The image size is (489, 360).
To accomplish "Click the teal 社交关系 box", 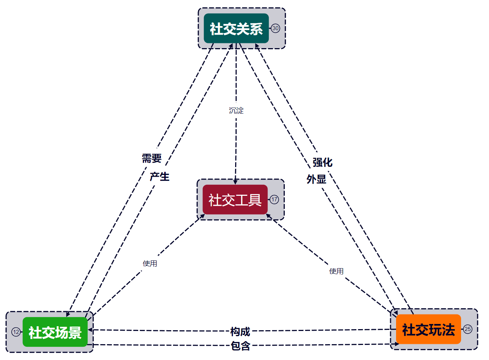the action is pyautogui.click(x=236, y=28).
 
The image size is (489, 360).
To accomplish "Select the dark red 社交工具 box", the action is pyautogui.click(x=235, y=199).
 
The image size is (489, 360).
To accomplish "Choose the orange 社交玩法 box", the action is pyautogui.click(x=428, y=329).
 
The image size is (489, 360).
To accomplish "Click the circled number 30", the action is pyautogui.click(x=275, y=28).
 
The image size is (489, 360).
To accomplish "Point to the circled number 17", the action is pyautogui.click(x=274, y=199).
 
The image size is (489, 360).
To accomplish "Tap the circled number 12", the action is pyautogui.click(x=16, y=332).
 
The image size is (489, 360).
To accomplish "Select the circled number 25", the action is pyautogui.click(x=468, y=329).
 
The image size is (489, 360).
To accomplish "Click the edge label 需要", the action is pyautogui.click(x=152, y=158).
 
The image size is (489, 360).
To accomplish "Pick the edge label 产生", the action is pyautogui.click(x=159, y=177).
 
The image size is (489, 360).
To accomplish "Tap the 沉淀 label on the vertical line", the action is pyautogui.click(x=236, y=111).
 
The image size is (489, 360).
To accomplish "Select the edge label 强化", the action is pyautogui.click(x=323, y=162).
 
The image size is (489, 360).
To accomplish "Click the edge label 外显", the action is pyautogui.click(x=316, y=179).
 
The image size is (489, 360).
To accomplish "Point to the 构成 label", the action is pyautogui.click(x=240, y=332).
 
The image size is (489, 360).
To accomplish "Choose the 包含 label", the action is pyautogui.click(x=240, y=346).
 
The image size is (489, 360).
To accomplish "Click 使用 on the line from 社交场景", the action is pyautogui.click(x=150, y=263).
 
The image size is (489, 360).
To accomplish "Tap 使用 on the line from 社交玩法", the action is pyautogui.click(x=337, y=271).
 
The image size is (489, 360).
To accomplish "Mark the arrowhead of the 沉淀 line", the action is pyautogui.click(x=235, y=183).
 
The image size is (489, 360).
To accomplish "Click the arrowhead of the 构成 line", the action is pyautogui.click(x=90, y=330).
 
